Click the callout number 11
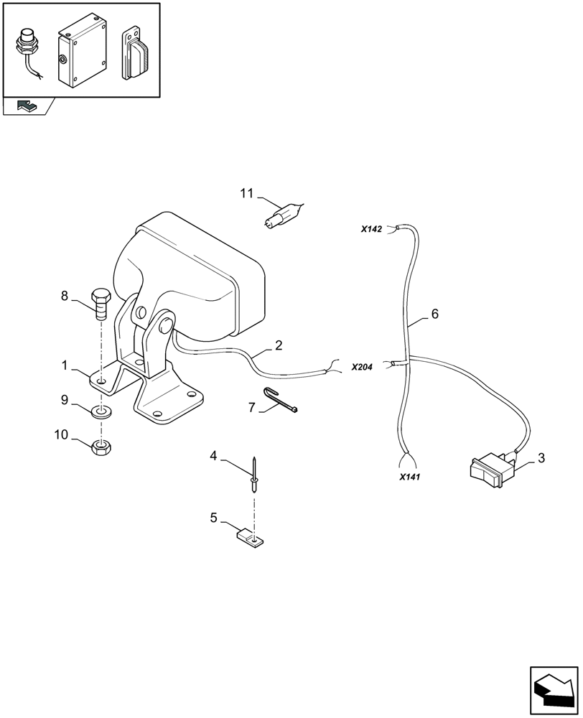(x=247, y=193)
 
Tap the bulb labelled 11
(x=282, y=213)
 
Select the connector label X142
(x=372, y=230)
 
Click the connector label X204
(x=363, y=367)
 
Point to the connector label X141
(x=409, y=475)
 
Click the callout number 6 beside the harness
(x=434, y=314)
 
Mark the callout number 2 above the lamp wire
(x=279, y=346)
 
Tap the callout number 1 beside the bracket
(x=65, y=365)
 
